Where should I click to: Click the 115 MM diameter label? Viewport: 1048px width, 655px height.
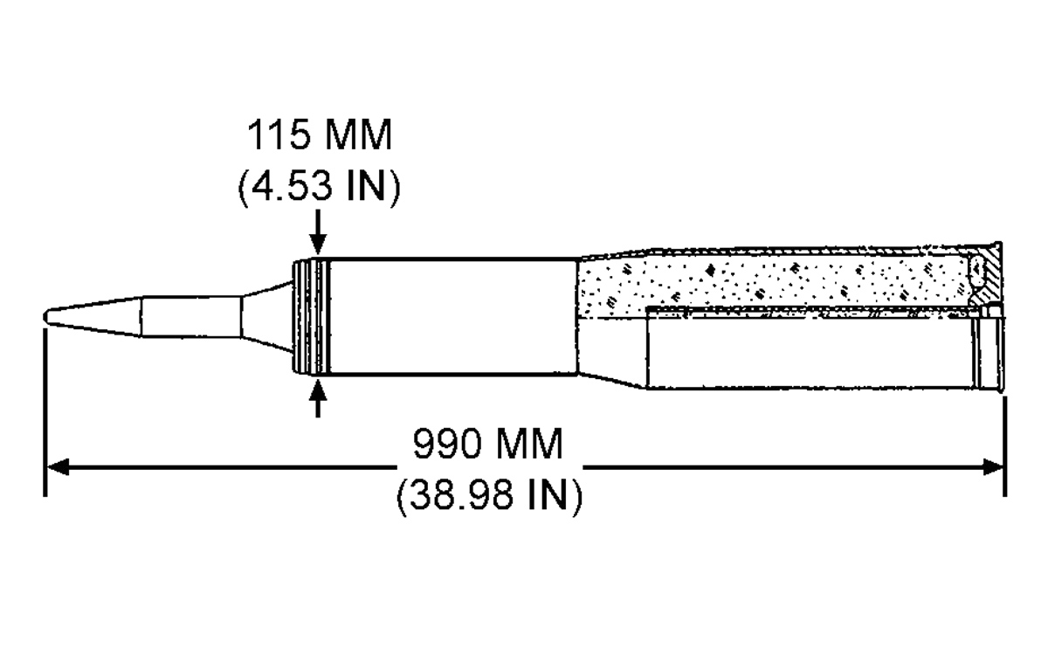pyautogui.click(x=320, y=135)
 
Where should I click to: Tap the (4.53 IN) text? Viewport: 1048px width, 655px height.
pyautogui.click(x=320, y=186)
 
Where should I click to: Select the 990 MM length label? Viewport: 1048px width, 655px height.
pyautogui.click(x=487, y=443)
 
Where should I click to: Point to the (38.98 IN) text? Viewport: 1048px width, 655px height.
pyautogui.click(x=489, y=494)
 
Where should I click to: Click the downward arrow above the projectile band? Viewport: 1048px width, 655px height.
pyautogui.click(x=318, y=231)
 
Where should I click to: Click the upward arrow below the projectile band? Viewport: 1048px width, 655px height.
pyautogui.click(x=318, y=397)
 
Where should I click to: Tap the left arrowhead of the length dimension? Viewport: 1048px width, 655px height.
pyautogui.click(x=58, y=467)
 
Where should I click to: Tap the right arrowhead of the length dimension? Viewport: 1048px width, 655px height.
pyautogui.click(x=993, y=467)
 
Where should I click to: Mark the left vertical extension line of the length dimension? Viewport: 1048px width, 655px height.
pyautogui.click(x=45, y=411)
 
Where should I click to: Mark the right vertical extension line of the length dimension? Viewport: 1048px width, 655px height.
pyautogui.click(x=1005, y=446)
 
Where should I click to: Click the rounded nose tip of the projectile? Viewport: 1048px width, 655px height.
pyautogui.click(x=46, y=317)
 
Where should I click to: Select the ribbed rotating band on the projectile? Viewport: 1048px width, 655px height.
pyautogui.click(x=311, y=317)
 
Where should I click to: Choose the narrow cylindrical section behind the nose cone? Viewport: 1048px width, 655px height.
pyautogui.click(x=191, y=316)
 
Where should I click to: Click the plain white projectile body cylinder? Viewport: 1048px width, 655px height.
pyautogui.click(x=454, y=317)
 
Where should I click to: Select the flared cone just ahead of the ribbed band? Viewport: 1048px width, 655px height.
pyautogui.click(x=266, y=316)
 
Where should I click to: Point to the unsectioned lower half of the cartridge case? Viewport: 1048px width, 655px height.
pyautogui.click(x=824, y=353)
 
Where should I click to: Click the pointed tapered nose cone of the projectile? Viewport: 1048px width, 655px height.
pyautogui.click(x=93, y=316)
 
